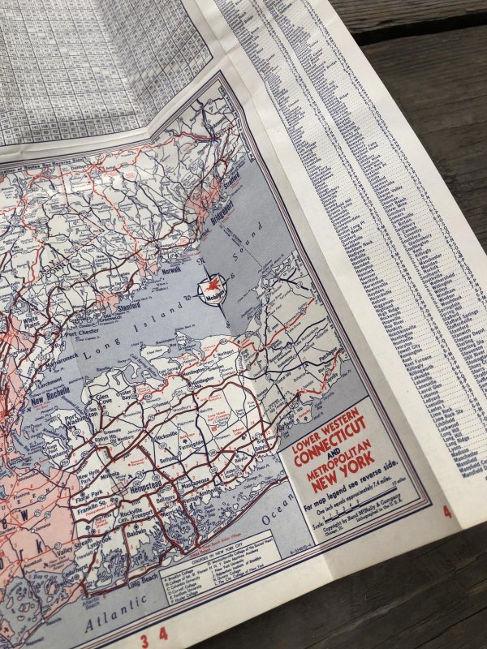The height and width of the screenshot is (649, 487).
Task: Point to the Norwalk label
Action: point(172,270)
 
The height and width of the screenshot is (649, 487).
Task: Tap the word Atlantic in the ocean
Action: point(114,617)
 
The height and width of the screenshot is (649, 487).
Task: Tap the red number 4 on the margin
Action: point(446,512)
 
